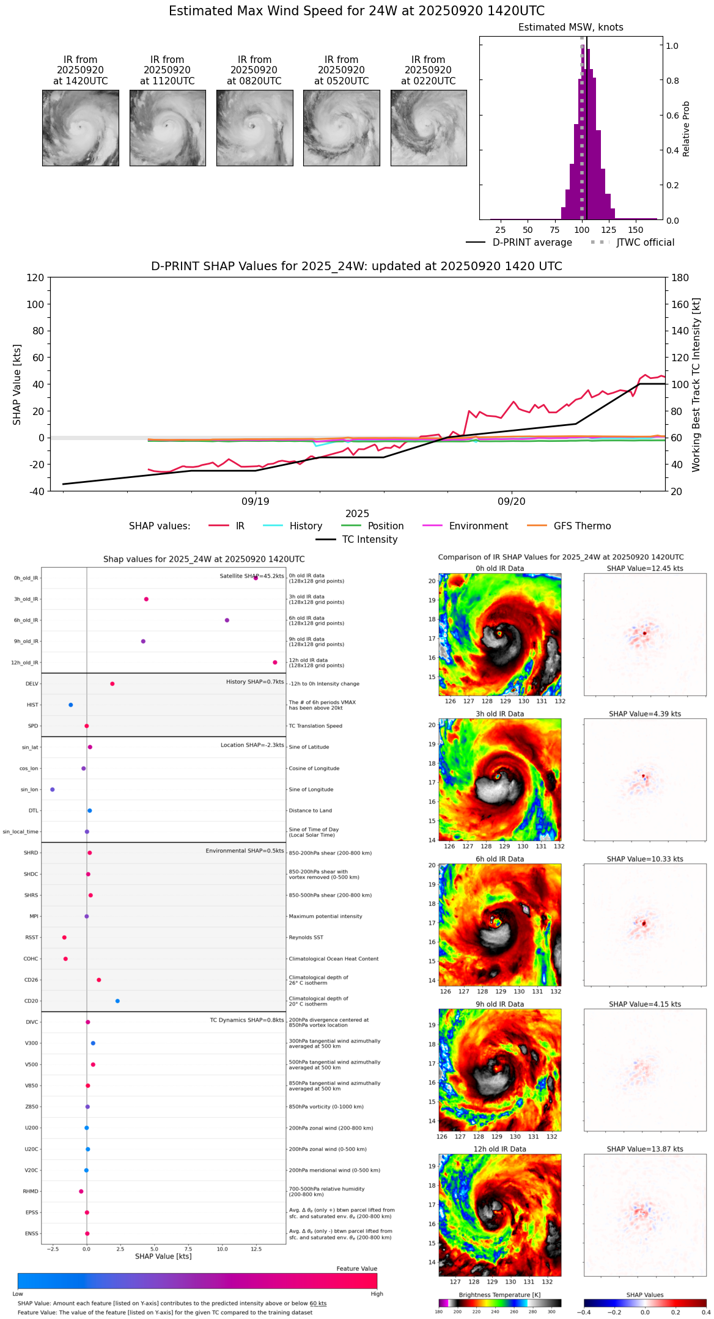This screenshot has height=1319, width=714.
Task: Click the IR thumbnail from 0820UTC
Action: pyautogui.click(x=254, y=128)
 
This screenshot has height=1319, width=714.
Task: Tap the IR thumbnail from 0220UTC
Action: pyautogui.click(x=429, y=128)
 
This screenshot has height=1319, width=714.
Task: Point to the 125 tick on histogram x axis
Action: pyautogui.click(x=608, y=230)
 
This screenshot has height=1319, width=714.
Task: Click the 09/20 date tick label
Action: pyautogui.click(x=511, y=502)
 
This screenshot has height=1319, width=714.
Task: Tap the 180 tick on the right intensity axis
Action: pyautogui.click(x=680, y=278)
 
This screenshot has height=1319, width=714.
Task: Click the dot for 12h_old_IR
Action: pyautogui.click(x=275, y=663)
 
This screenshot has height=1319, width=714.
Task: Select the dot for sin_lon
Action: pyautogui.click(x=53, y=790)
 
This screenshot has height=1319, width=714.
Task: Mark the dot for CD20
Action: pyautogui.click(x=117, y=1001)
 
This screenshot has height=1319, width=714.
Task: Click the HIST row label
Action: pyautogui.click(x=32, y=705)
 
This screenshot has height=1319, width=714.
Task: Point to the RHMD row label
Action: pyautogui.click(x=31, y=1191)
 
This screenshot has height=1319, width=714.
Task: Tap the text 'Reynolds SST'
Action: pyautogui.click(x=306, y=938)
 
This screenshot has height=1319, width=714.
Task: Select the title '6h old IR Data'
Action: pyautogui.click(x=499, y=859)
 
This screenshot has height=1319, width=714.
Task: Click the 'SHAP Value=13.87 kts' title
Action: pyautogui.click(x=645, y=1150)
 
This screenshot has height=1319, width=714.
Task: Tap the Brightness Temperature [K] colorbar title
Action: pyautogui.click(x=499, y=1295)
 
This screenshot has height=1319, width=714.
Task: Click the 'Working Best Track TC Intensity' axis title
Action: pyautogui.click(x=696, y=385)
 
